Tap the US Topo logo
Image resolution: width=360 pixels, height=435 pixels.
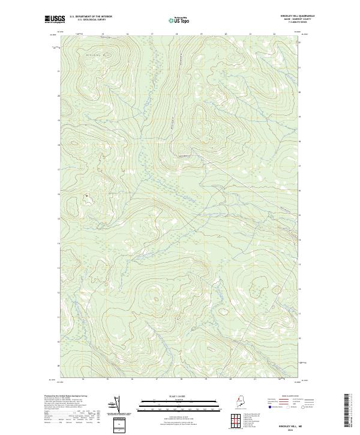click(179, 20)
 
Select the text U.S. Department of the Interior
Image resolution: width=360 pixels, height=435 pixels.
click(91, 17)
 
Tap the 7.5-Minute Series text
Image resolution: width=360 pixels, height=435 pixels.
click(293, 23)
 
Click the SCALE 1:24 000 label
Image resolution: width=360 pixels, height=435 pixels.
click(179, 396)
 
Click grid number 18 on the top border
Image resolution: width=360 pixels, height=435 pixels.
click(177, 34)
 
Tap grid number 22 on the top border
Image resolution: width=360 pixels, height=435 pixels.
click(274, 34)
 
